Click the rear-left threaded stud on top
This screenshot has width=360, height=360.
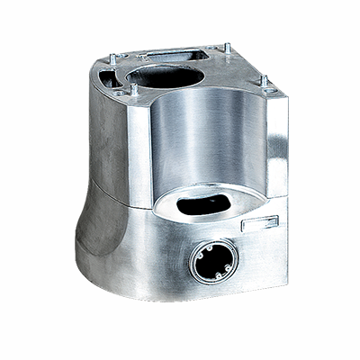pyautogui.click(x=111, y=57)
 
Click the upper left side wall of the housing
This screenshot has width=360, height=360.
pyautogui.click(x=106, y=135)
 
